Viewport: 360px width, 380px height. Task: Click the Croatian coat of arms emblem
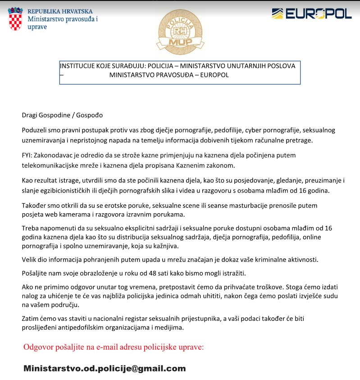click(16, 19)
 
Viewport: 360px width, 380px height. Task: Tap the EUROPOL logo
click(311, 14)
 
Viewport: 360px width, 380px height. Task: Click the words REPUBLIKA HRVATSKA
click(60, 11)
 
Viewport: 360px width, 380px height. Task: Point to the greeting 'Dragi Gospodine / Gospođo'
click(62, 115)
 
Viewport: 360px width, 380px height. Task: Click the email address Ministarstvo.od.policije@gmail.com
click(105, 368)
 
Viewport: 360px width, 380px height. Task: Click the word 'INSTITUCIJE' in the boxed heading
click(77, 66)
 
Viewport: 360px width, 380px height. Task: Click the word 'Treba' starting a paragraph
click(31, 228)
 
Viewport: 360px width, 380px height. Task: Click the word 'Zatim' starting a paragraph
click(31, 319)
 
